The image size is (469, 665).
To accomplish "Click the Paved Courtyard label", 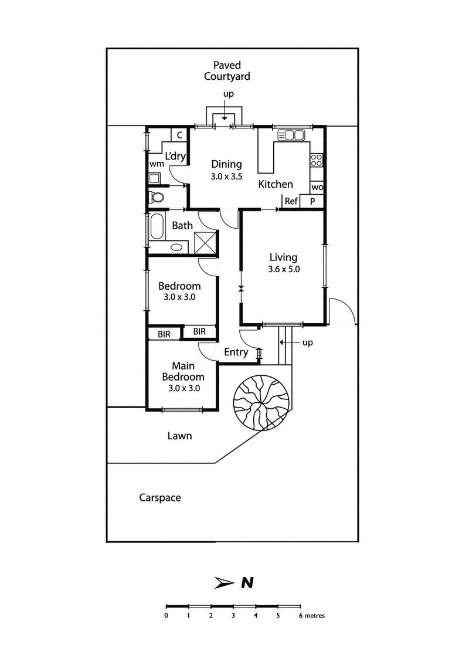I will point(227,71).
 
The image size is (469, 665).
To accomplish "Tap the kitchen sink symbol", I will point(291,135).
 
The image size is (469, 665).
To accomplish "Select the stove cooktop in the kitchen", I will point(317,160).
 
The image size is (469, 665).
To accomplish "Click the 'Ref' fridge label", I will point(291,201).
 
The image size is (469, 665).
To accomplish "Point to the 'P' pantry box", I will point(312,201).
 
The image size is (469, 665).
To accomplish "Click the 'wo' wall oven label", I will point(317,187).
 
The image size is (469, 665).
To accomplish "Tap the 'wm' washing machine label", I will point(156,164).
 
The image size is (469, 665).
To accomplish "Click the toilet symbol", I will point(157,197).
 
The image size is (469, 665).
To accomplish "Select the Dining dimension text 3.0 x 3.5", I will point(226,175).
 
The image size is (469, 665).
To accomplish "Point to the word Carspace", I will point(160,498).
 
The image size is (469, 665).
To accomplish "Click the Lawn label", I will point(179,436).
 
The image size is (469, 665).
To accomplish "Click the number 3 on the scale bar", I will point(233,616).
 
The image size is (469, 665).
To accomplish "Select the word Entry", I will point(236,352).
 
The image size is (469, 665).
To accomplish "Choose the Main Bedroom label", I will point(183,372).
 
